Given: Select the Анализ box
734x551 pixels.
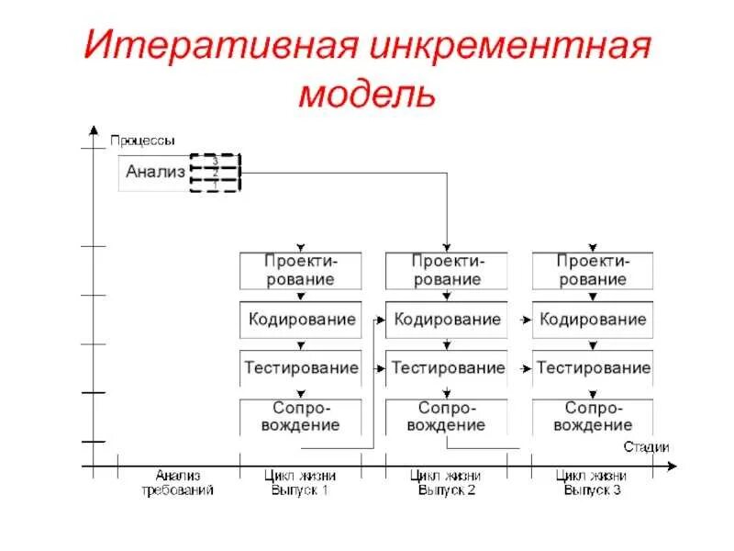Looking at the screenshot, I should click(154, 172).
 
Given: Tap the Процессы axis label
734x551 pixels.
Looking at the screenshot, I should click(141, 141).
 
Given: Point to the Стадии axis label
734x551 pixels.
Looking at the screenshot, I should click(646, 447).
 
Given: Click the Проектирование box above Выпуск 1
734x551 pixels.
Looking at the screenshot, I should click(300, 270).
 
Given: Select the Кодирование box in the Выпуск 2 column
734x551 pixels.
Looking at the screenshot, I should click(447, 320).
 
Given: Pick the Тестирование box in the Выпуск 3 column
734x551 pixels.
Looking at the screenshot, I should click(594, 367).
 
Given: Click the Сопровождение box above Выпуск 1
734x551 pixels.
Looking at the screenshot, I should click(300, 417).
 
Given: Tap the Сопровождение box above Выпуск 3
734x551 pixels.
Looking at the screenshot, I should click(594, 417).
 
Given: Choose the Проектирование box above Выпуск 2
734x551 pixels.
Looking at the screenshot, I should click(447, 270).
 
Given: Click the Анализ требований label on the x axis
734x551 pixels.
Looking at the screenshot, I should click(177, 483).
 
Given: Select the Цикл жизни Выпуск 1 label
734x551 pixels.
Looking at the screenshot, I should click(299, 483).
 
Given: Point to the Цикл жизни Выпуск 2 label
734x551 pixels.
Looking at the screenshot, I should click(446, 483).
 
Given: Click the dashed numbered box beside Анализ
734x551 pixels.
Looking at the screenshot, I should click(214, 172).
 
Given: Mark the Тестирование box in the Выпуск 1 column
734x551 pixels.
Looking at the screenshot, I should click(300, 367).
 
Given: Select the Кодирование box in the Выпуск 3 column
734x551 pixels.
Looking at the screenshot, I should click(594, 320).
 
